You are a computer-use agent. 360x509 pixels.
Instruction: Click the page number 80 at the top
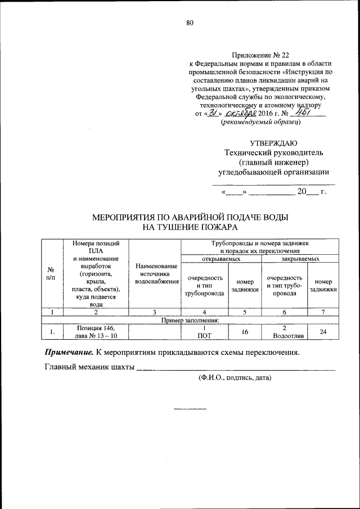pos(190,22)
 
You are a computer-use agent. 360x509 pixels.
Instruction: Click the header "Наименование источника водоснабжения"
pos(154,273)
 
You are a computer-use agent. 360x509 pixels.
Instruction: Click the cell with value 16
pos(245,332)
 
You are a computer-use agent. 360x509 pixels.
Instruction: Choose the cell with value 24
pos(323,332)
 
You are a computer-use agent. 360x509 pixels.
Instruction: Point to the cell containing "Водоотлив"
pos(285,336)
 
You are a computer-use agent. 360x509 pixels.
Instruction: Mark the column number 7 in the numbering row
pos(323,312)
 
